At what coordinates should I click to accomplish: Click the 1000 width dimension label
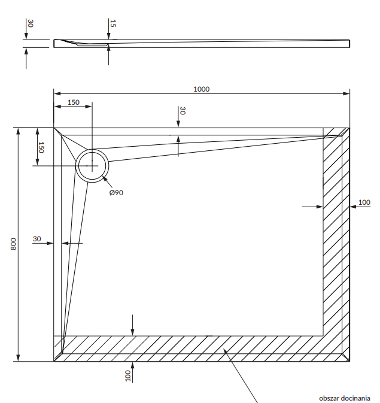[x=202, y=89]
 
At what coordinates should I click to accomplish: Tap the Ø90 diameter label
[x=116, y=192]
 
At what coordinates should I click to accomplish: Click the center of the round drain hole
[x=92, y=165]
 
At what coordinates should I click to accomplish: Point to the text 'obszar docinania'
[x=345, y=398]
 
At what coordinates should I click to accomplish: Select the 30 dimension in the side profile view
[x=31, y=23]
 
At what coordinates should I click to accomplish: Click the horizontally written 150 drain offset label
[x=73, y=102]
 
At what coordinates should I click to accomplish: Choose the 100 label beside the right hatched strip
[x=364, y=202]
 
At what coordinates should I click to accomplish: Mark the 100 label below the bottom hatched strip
[x=127, y=375]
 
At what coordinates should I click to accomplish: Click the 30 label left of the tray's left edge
[x=37, y=239]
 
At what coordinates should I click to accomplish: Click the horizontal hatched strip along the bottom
[x=191, y=349]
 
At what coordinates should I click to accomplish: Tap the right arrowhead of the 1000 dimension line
[x=347, y=93]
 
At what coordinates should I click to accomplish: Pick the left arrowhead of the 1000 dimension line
[x=57, y=93]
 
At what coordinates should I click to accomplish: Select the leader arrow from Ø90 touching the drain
[x=104, y=178]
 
